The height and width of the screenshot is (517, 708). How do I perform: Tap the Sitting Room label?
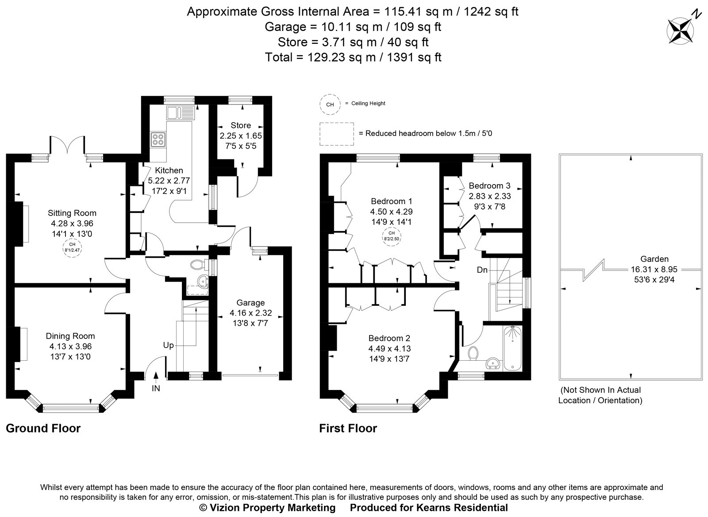point(72,213)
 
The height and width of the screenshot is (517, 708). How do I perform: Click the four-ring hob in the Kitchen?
point(158,139)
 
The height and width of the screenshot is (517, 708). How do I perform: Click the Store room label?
point(241,125)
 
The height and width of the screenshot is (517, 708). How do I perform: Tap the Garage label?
point(250,303)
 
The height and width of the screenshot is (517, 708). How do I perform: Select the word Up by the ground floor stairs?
point(168,345)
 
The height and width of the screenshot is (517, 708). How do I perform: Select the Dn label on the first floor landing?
point(482,270)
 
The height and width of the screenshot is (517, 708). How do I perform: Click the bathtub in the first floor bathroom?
point(513,348)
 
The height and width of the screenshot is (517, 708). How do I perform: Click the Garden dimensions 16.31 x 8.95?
point(654,269)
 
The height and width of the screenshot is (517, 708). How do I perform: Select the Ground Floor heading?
point(43,428)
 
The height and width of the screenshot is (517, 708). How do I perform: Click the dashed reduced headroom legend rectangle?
point(336,134)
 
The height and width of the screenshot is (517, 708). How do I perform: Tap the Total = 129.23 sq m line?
point(353,57)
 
